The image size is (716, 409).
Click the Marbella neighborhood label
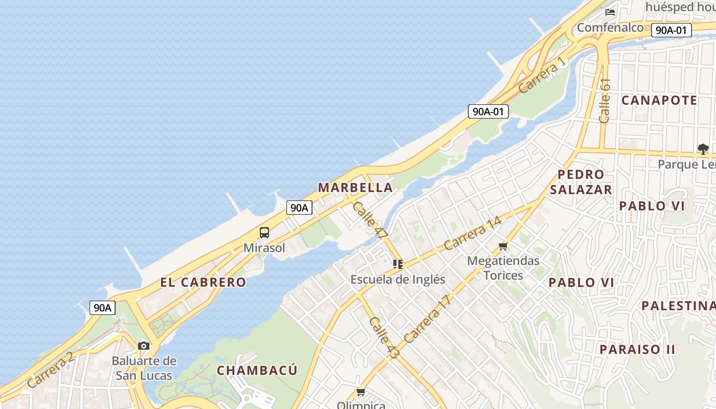[x=355, y=188]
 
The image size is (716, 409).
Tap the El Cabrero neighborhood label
[x=203, y=282]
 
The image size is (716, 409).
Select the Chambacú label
[x=257, y=370]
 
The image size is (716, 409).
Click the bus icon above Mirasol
[x=264, y=233]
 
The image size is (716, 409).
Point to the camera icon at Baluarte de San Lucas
[x=144, y=346]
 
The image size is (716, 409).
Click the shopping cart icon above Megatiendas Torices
[x=503, y=246]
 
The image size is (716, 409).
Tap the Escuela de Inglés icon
[x=398, y=264]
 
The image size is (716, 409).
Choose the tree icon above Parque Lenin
[x=703, y=149]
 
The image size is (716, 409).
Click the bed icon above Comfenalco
[x=610, y=12]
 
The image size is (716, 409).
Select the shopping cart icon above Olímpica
[x=361, y=392]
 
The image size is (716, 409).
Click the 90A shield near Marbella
[x=299, y=208]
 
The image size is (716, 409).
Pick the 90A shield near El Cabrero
[x=102, y=308]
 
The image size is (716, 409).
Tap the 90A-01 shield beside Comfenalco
[x=671, y=30]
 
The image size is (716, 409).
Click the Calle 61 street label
[x=605, y=101]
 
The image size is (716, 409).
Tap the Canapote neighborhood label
[x=659, y=100]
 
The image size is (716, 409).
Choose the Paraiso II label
[x=637, y=350]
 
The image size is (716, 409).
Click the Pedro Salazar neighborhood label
[x=580, y=182]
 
